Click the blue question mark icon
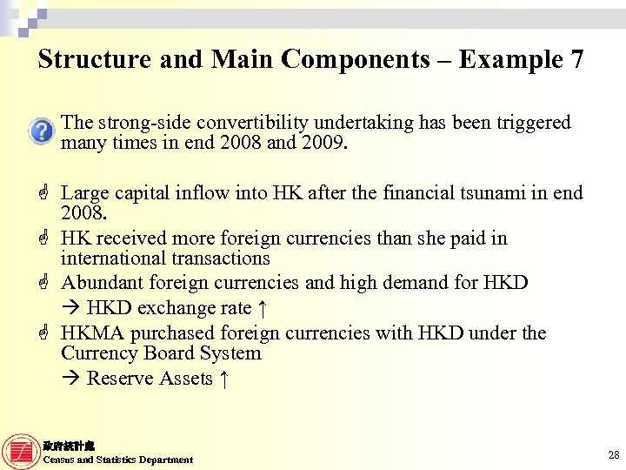41,131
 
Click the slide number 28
614,454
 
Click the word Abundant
99,283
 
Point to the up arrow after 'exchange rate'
262,308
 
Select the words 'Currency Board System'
161,353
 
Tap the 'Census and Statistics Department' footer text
118,460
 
